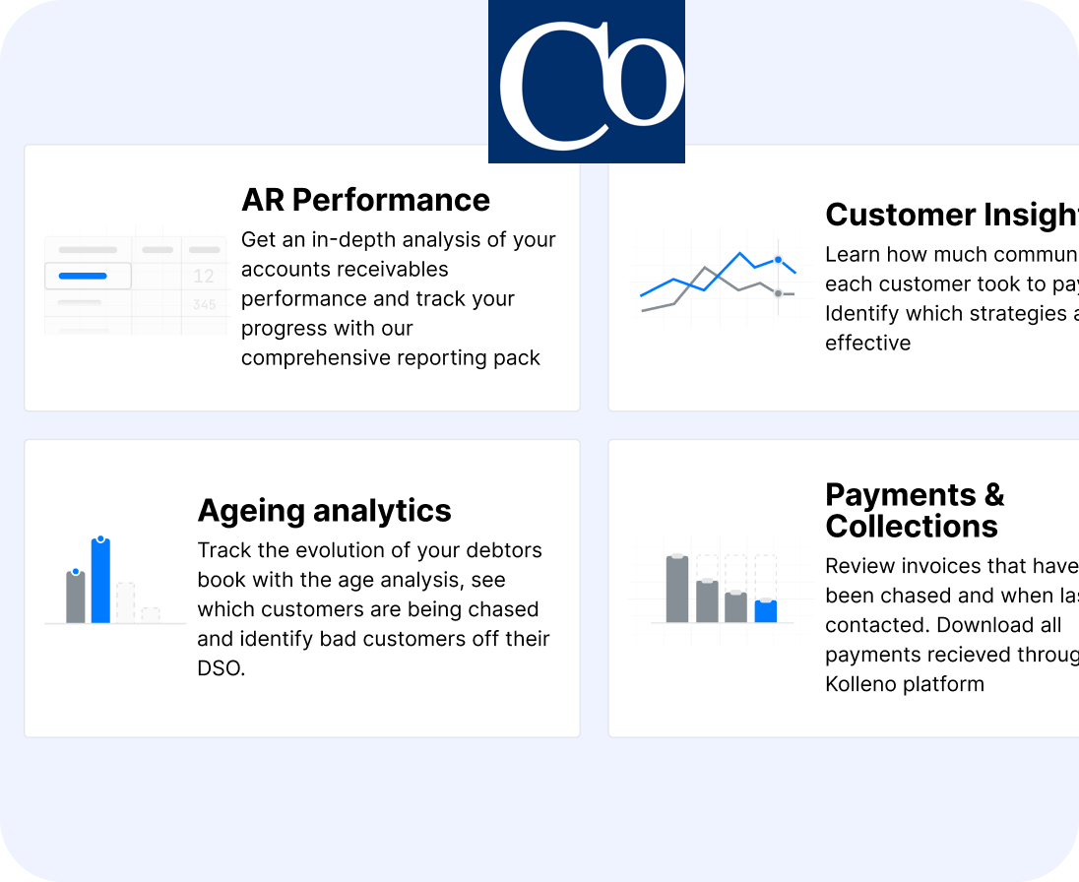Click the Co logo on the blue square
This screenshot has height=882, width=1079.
tap(587, 82)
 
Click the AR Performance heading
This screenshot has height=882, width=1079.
tap(365, 200)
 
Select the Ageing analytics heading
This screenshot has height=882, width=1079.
tap(324, 511)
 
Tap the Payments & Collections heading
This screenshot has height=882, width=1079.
tap(914, 510)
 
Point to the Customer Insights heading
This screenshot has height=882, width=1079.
tap(950, 215)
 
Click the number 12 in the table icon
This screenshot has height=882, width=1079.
tap(204, 277)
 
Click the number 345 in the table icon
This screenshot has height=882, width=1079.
tap(204, 305)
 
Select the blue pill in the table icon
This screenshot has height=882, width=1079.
tap(83, 276)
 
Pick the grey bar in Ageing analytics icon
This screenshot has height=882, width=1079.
tap(76, 597)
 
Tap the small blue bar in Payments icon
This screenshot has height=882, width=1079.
tap(765, 611)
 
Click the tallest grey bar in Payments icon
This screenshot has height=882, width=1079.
tap(676, 589)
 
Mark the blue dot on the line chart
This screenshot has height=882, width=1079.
tap(778, 260)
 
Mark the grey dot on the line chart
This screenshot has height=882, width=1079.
tap(778, 293)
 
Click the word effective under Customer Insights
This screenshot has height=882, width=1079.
tap(867, 344)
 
